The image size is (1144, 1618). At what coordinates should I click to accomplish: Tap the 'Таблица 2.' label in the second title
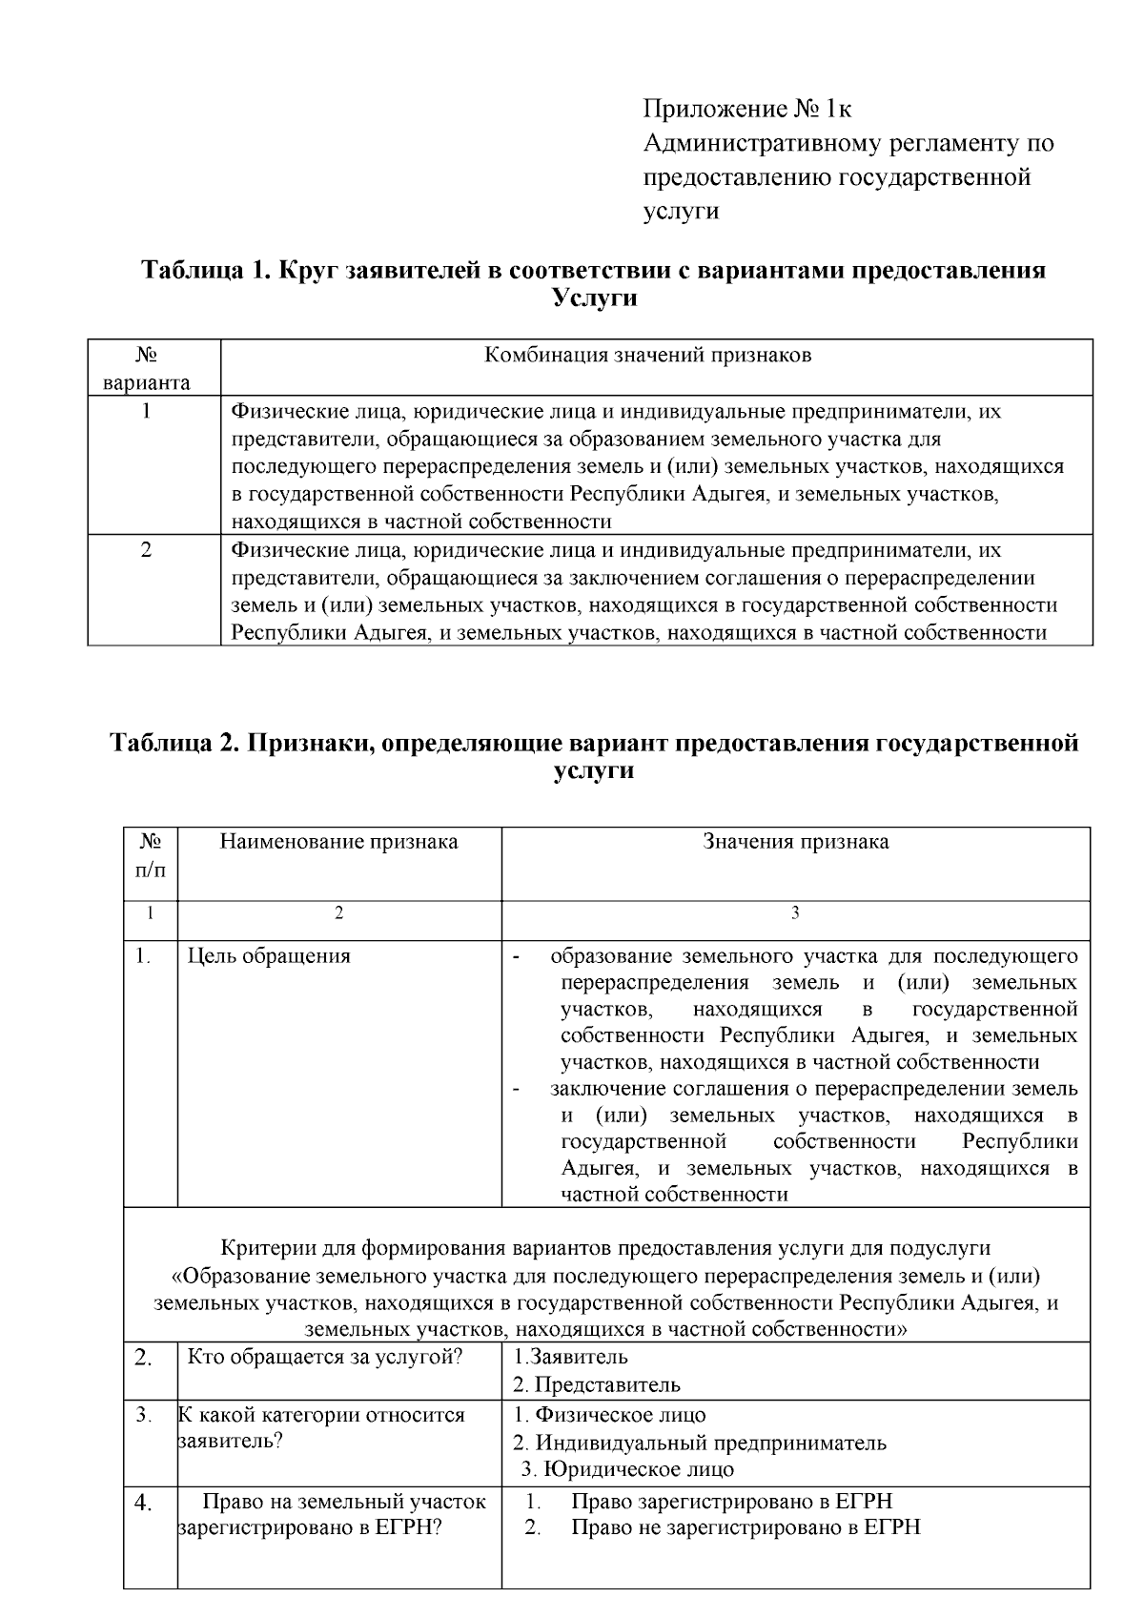coord(175,743)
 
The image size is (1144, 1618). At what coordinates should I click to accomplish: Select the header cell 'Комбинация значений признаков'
coord(648,356)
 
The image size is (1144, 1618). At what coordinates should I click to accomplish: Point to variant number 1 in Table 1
coord(146,412)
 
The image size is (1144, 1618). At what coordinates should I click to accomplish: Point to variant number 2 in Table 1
coord(146,550)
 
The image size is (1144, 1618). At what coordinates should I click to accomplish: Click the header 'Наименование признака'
coord(338,841)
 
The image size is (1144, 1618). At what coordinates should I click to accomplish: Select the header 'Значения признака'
coord(795,841)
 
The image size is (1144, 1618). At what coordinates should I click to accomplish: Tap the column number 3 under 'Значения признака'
coord(795,912)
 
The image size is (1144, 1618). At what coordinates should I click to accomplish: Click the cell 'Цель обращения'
coord(269,955)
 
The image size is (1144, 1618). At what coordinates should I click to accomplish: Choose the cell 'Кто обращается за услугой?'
coord(324,1358)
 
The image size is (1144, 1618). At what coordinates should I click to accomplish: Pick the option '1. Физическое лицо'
coord(609,1415)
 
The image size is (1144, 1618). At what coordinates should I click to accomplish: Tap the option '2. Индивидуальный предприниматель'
coord(699,1443)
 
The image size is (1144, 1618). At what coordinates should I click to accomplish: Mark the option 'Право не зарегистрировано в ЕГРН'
coord(746,1527)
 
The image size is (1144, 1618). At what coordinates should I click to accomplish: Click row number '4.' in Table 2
coord(143,1505)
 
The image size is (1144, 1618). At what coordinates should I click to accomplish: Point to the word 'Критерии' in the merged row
coord(260,1247)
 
